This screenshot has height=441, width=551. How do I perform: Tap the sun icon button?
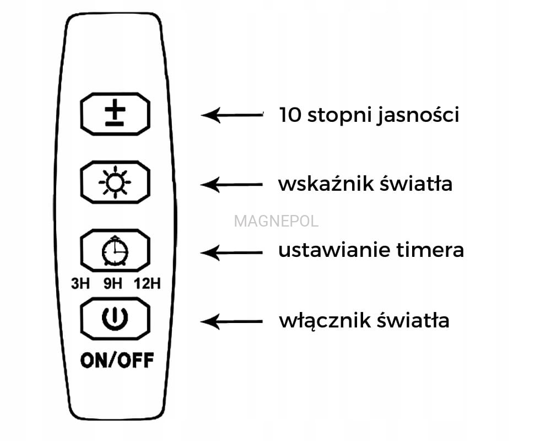[x=115, y=182]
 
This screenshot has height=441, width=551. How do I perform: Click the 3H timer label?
[x=80, y=284]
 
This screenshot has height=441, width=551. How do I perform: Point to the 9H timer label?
[x=112, y=284]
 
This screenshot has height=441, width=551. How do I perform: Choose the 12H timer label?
[x=147, y=284]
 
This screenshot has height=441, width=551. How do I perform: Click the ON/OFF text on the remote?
[x=117, y=361]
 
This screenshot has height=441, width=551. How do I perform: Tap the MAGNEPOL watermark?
[x=276, y=222]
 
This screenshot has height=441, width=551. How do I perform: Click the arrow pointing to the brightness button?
[x=232, y=115]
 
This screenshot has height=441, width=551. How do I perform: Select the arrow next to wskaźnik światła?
[x=232, y=184]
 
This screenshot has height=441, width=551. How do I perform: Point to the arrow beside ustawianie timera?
[x=232, y=252]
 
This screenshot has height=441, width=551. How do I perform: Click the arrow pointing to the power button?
[x=232, y=321]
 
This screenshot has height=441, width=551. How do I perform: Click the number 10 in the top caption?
[x=290, y=115]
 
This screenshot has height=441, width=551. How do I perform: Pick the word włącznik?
[x=314, y=320]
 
